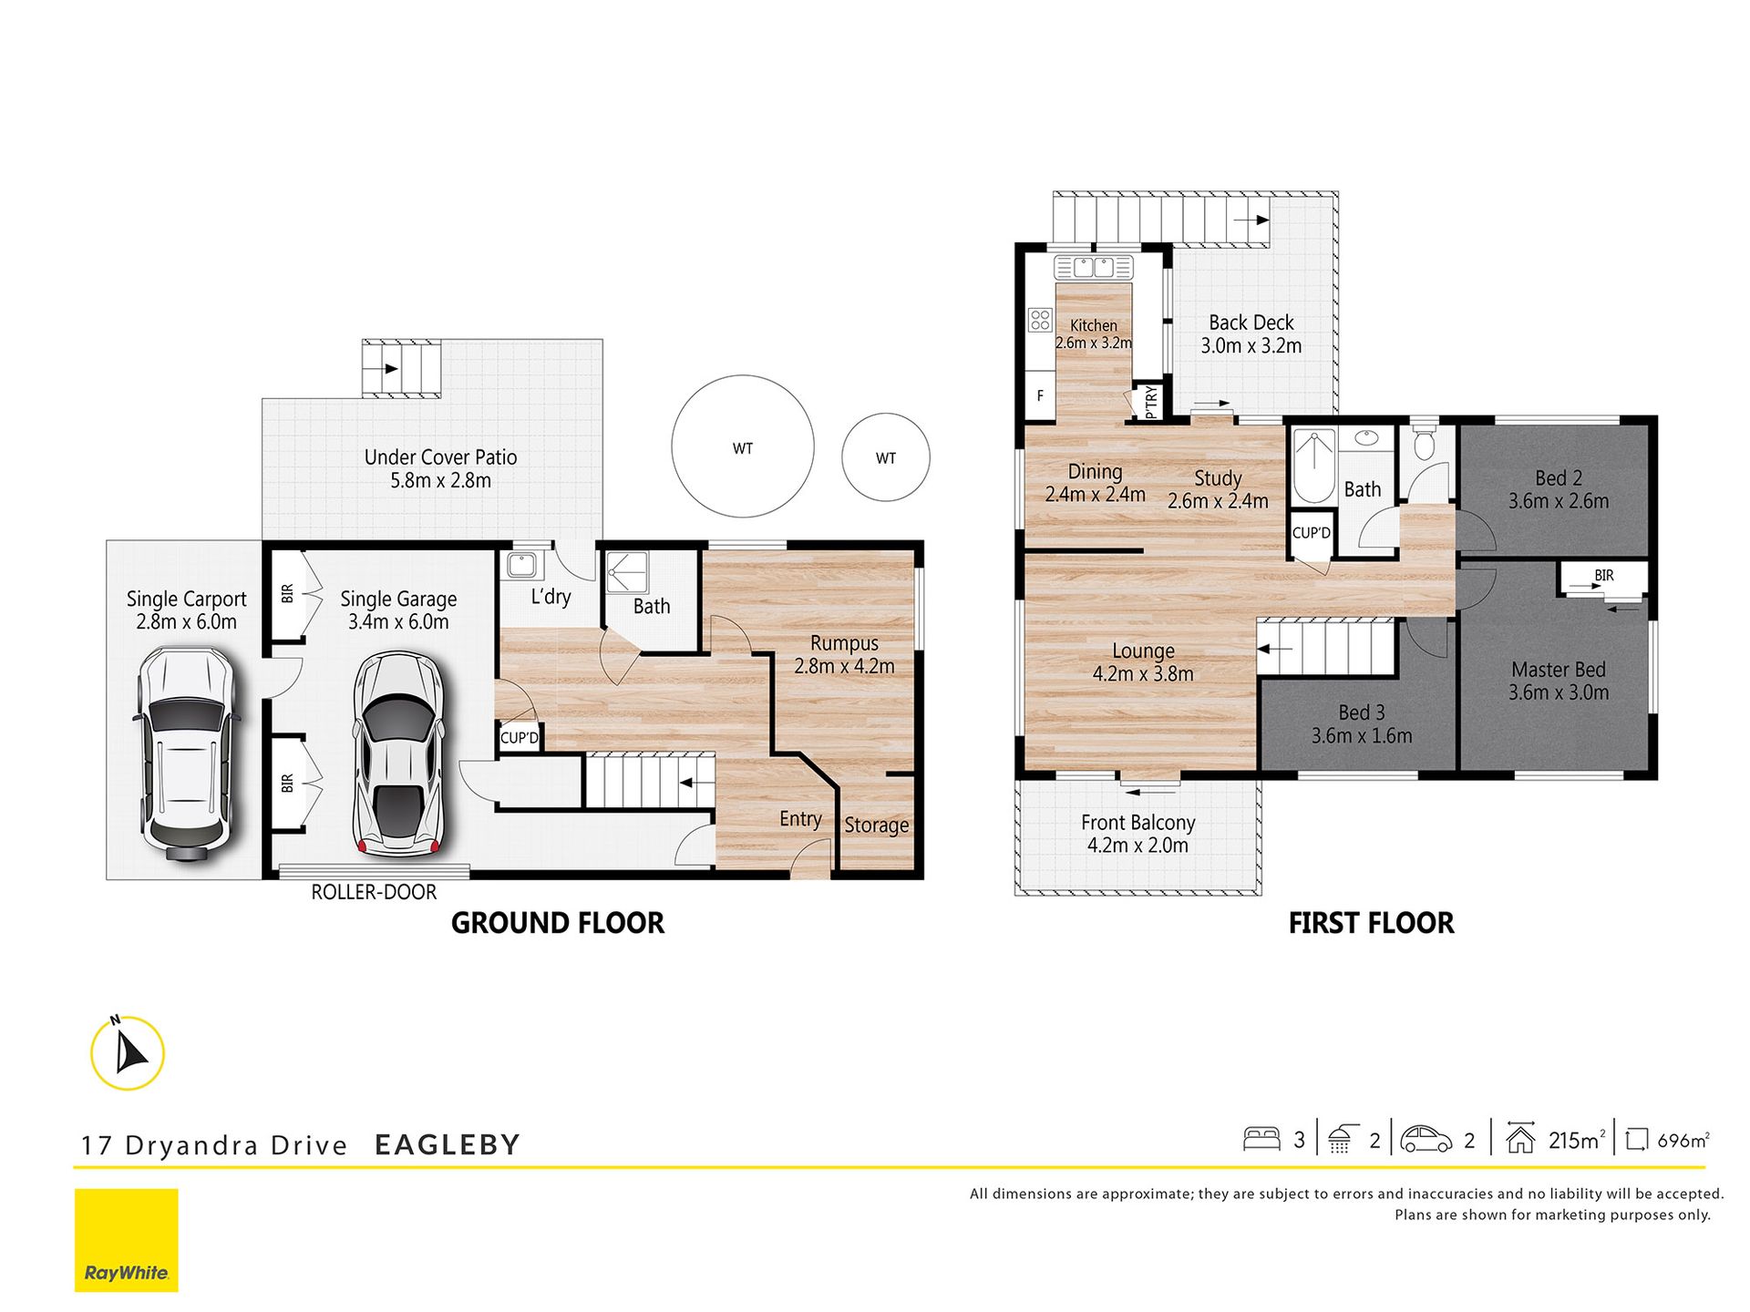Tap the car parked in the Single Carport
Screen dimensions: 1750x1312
(187, 753)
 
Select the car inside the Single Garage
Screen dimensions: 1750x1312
(398, 753)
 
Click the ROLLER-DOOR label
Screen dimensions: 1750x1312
(374, 892)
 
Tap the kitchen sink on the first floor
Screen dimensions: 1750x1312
(1094, 267)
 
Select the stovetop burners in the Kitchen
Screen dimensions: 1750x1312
(1040, 320)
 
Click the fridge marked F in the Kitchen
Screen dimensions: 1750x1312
(1040, 395)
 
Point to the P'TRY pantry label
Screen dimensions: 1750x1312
(1151, 402)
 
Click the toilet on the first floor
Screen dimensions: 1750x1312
(1423, 440)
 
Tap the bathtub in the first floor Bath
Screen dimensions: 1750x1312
(1313, 466)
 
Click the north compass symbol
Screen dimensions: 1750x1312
(128, 1052)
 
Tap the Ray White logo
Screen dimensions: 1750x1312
(127, 1240)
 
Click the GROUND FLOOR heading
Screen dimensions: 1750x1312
(558, 923)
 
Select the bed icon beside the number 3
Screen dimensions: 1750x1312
(1261, 1139)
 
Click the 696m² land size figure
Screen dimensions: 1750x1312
(1683, 1140)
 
